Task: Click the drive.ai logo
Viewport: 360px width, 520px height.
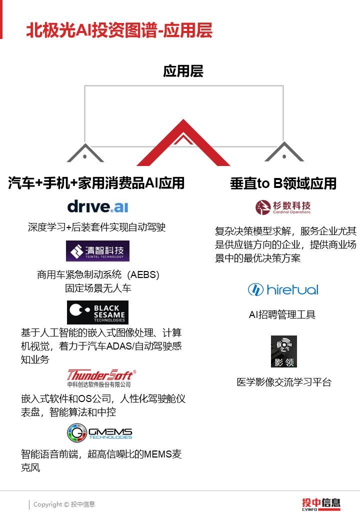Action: point(98,206)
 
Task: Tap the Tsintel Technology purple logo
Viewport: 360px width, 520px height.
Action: point(97,251)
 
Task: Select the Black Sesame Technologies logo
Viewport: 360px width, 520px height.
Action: point(97,312)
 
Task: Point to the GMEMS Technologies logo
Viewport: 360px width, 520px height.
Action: point(99,432)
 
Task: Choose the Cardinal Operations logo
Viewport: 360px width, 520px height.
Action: point(283,207)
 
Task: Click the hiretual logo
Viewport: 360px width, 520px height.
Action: point(283,289)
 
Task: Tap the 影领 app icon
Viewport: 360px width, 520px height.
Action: point(283,351)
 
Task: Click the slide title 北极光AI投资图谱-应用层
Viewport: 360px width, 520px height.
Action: point(119,30)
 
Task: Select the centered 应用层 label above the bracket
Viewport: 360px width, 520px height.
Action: point(183,71)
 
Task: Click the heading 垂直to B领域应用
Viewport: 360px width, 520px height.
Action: point(283,183)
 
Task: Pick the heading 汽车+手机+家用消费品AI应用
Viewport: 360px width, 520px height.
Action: point(96,183)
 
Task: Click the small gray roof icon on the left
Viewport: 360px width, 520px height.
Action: point(85,154)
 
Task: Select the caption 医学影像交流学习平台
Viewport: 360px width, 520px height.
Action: point(284,382)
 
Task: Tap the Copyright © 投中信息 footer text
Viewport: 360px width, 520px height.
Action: point(64,504)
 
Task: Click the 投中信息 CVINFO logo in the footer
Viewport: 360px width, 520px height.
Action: point(320,504)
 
